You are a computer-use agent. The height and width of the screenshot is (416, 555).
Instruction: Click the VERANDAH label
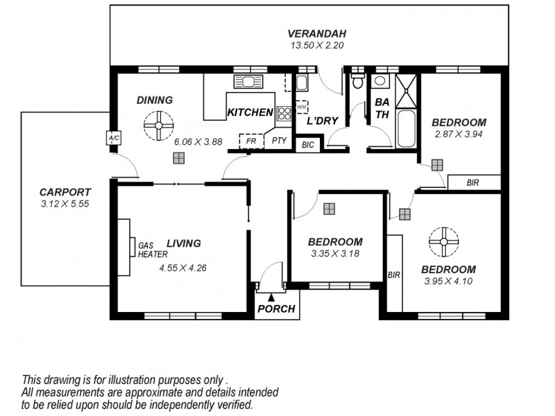tap(317, 33)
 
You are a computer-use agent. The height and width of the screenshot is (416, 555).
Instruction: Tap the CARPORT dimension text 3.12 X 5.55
tap(65, 204)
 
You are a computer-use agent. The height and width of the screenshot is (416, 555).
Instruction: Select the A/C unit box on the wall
tap(114, 138)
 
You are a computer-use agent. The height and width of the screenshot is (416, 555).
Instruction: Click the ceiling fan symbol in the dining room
tap(158, 125)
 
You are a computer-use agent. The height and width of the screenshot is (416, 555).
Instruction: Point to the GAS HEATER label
tap(152, 250)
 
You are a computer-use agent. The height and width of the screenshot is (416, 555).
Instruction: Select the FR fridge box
tap(252, 141)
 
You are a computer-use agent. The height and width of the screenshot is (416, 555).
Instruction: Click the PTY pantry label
tap(279, 141)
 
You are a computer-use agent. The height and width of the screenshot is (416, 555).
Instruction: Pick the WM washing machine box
tap(302, 107)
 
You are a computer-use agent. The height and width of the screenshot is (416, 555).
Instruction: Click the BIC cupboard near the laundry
tap(307, 146)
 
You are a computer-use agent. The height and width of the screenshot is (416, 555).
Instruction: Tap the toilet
tap(357, 83)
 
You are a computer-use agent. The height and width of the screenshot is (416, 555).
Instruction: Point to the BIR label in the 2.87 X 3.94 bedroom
tap(473, 182)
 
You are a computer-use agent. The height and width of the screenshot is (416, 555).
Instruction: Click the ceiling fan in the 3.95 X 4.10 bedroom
tap(444, 241)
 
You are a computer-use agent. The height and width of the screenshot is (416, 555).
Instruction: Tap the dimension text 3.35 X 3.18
tap(335, 254)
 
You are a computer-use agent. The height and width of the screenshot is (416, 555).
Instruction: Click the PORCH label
tap(276, 309)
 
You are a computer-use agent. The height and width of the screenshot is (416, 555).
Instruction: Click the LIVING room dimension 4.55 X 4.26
tap(183, 268)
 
